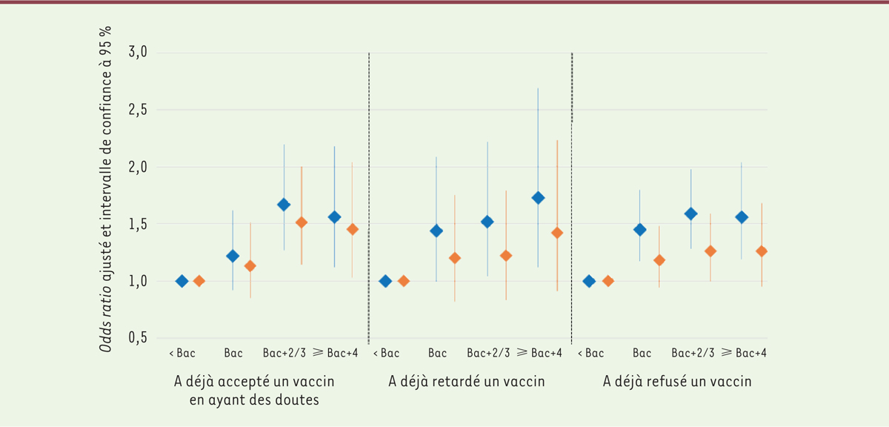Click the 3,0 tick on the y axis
pos(139,53)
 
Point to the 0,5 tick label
pos(139,338)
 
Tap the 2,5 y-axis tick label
pos(139,110)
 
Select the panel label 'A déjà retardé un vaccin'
pos(467,382)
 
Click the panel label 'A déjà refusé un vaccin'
pos(677,382)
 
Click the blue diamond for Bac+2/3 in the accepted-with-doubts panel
pos(283,205)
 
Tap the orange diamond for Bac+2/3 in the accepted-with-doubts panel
pos(301,222)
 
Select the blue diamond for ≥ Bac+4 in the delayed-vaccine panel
pos(538,198)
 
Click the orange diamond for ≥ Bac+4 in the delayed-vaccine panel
pos(557,233)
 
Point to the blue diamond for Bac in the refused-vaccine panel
pos(639,230)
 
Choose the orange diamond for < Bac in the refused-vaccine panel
pos(608,281)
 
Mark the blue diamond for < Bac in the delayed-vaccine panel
pos(385,281)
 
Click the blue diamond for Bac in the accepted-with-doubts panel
pos(233,256)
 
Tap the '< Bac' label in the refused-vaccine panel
pos(590,353)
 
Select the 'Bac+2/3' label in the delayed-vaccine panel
pos(487,353)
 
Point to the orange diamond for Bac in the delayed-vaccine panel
pos(455,258)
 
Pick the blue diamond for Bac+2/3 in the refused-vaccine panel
pos(691,213)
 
